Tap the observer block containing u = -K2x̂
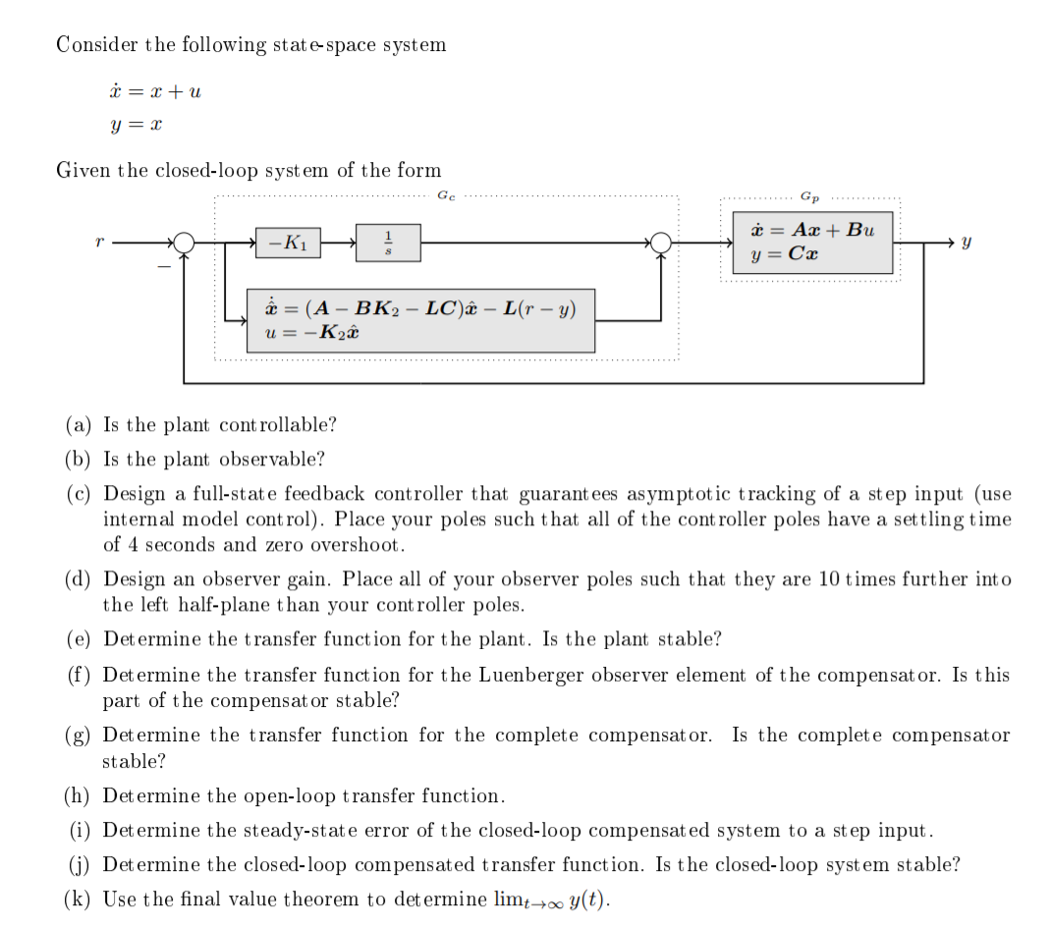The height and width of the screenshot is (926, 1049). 420,320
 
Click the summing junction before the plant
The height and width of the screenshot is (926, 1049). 663,242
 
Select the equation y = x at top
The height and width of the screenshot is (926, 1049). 136,127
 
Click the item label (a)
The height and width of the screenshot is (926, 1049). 79,425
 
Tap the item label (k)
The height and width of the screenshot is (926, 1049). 79,899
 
